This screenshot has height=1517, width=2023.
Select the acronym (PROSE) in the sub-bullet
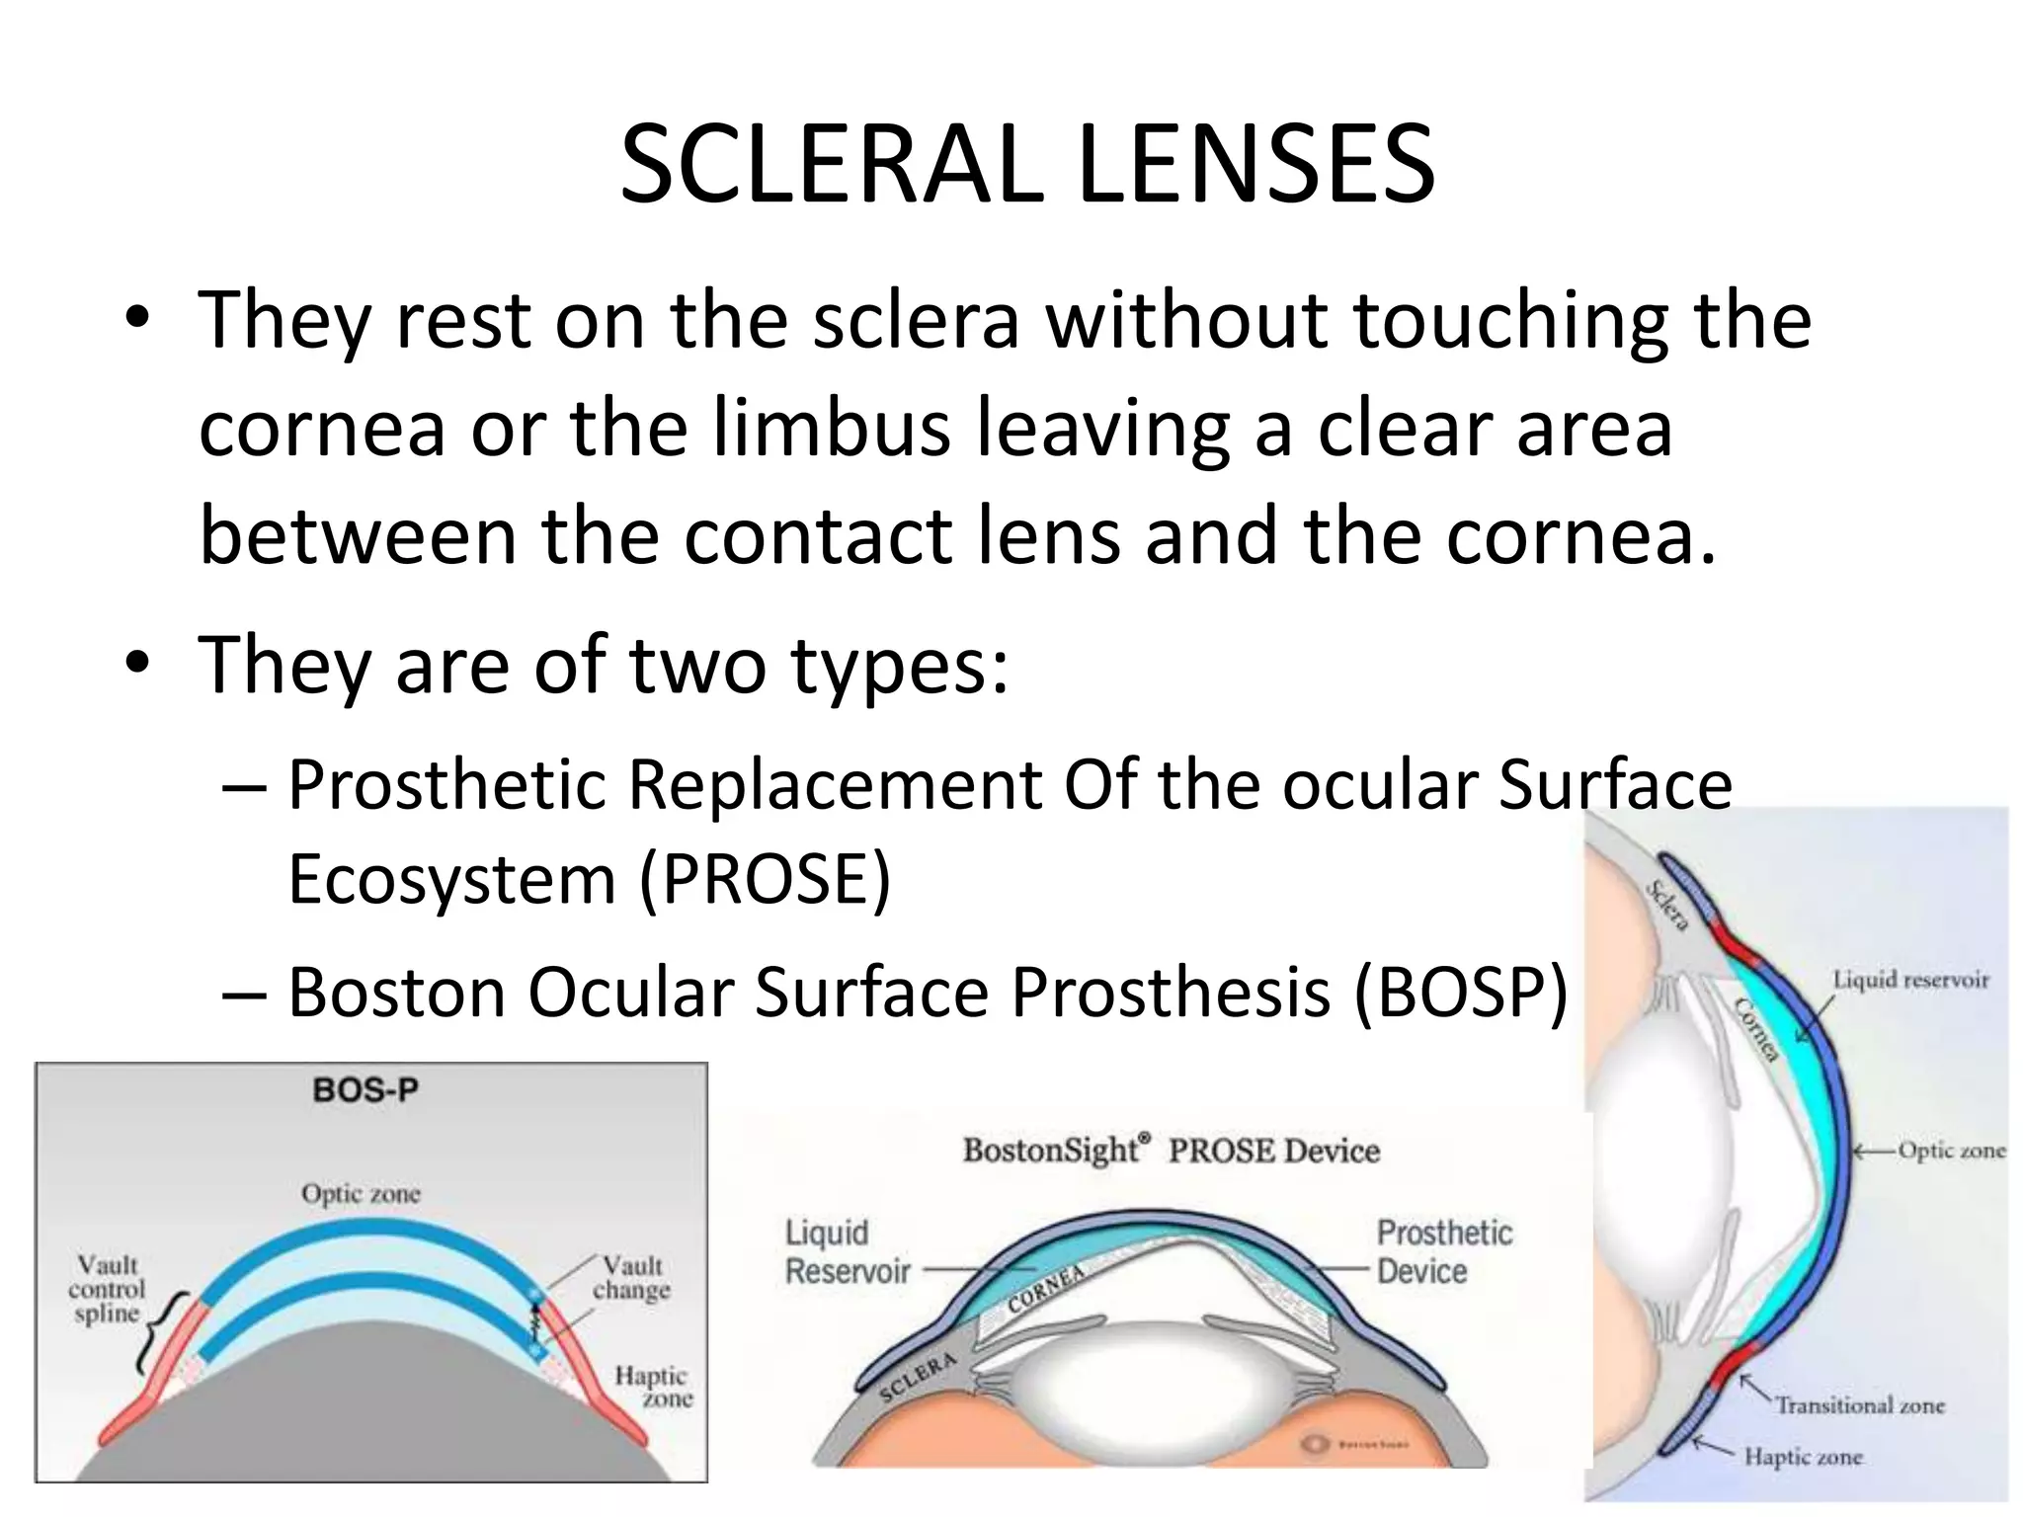(766, 878)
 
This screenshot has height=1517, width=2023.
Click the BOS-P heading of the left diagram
(365, 1090)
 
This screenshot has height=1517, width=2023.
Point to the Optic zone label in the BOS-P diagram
(362, 1194)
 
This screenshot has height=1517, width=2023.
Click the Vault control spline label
(107, 1289)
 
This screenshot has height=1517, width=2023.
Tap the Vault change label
(631, 1278)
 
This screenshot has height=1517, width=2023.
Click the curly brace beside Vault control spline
(158, 1333)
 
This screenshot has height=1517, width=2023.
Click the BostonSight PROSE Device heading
(1172, 1151)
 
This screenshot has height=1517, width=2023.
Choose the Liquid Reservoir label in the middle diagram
(847, 1251)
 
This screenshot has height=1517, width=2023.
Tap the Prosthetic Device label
(1443, 1251)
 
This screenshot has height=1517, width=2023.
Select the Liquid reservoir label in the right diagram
(1910, 980)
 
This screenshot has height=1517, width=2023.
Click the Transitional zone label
(1860, 1404)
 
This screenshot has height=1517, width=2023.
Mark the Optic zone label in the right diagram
(1951, 1151)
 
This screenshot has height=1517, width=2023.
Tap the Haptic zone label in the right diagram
(1803, 1456)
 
